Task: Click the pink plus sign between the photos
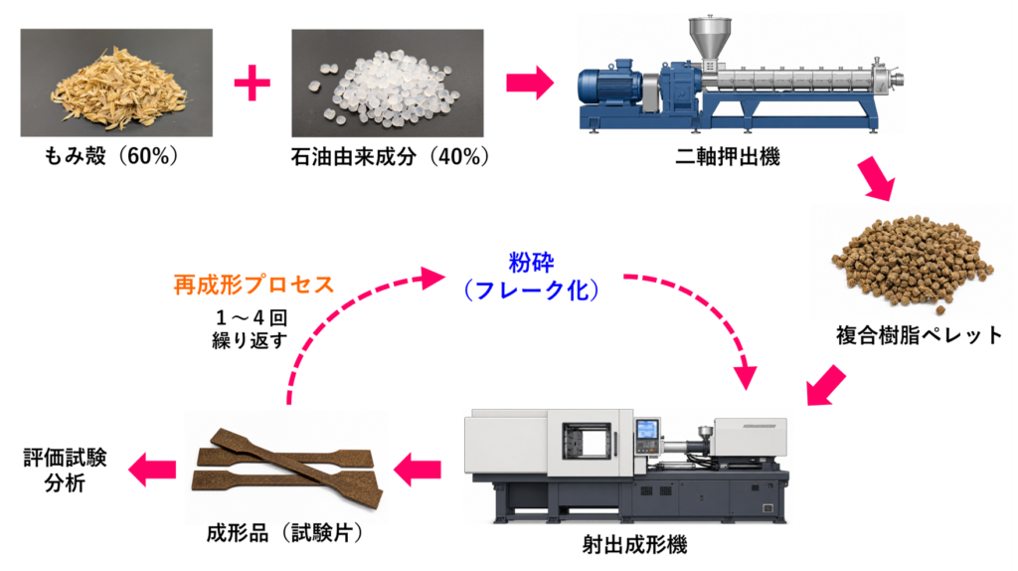point(252,83)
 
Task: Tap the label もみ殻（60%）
point(111,156)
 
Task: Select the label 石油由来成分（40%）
point(390,156)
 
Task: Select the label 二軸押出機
point(727,156)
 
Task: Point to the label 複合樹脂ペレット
point(920,335)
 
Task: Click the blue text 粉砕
point(531,263)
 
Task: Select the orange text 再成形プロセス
point(254,285)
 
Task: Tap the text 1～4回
point(251,317)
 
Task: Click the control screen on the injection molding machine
point(646,431)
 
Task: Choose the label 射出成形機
point(634,544)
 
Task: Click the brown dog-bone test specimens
point(285,468)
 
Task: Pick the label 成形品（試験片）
point(285,533)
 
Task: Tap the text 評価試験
point(65,458)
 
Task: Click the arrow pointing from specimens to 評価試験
point(152,469)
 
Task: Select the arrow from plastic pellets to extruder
point(530,83)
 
